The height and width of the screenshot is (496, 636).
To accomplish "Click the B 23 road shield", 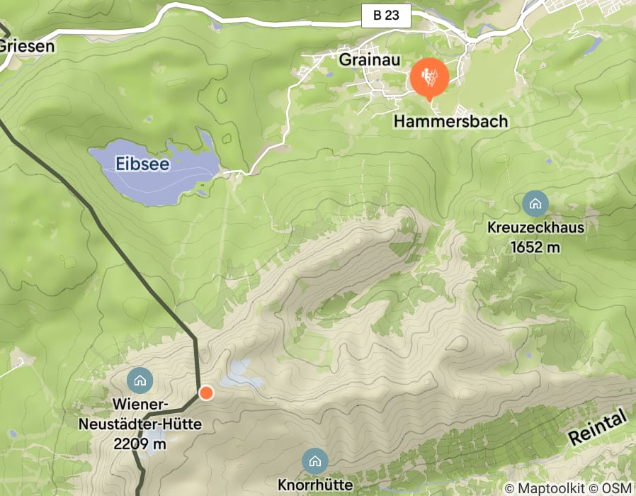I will coord(386,16).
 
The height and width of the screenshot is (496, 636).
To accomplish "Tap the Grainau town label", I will coord(365,60).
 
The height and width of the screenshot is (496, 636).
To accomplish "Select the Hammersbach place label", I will coord(451,121).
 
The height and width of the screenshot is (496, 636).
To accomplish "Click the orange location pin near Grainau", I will coord(428,77).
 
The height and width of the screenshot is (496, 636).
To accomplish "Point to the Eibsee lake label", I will coord(144,164).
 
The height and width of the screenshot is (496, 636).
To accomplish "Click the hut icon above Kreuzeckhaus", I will coord(535,204).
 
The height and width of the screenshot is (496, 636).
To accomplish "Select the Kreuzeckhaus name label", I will coord(535,228).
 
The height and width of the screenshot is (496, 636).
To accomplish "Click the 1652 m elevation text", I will coord(535,247).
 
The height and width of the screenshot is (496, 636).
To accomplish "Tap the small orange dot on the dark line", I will coord(206,393).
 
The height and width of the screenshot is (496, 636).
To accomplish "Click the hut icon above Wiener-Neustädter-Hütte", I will coord(140,381).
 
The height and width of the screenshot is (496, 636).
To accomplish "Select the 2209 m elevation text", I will coord(140,444).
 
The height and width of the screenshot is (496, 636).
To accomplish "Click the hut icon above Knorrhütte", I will coord(314,462).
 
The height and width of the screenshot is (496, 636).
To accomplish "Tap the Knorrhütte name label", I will coord(315,485).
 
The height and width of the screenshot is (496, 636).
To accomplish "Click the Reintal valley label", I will coord(598,428).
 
